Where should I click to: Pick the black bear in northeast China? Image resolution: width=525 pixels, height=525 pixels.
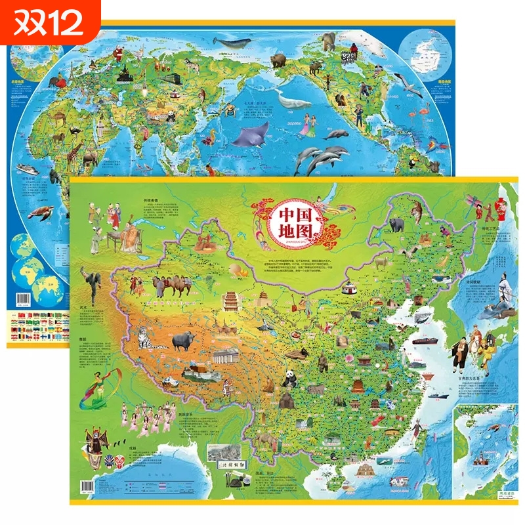pos(396,225)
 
